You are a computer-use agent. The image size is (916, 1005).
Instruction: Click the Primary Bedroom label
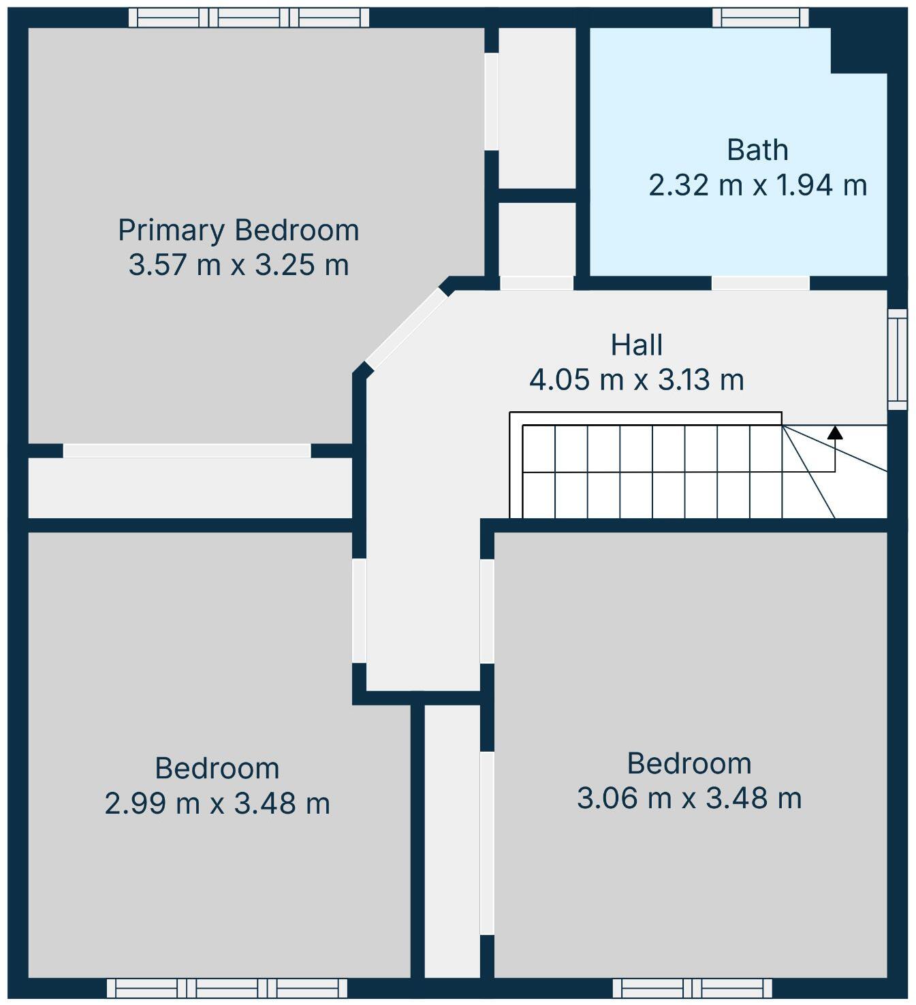238,230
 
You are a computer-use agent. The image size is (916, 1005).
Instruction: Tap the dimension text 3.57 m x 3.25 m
238,264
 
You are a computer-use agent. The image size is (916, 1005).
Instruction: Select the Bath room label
757,150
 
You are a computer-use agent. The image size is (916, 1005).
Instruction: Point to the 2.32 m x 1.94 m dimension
757,185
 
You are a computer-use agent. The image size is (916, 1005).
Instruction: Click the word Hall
637,345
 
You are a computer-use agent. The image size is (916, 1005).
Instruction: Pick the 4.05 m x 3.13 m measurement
637,379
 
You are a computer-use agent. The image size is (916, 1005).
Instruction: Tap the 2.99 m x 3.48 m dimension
217,803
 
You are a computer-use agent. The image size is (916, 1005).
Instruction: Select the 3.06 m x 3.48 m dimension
689,798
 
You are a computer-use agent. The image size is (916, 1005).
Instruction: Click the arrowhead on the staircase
835,432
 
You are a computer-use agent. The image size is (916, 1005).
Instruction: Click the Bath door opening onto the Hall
760,283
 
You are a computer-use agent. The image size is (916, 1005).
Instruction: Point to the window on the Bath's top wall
760,18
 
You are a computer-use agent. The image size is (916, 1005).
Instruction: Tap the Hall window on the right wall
898,359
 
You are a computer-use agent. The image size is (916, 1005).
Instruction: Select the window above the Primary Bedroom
249,18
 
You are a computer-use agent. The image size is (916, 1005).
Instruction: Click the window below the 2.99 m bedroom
227,988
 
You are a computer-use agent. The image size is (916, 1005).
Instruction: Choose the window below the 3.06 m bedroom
692,988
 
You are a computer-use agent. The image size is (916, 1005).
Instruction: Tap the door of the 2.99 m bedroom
359,610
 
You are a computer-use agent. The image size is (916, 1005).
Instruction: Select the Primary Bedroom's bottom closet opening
187,451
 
